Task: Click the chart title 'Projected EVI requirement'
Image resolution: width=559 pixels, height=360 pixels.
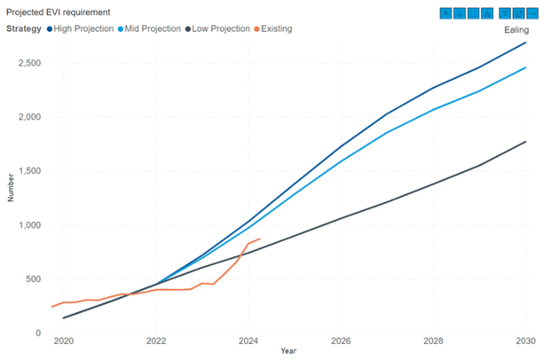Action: click(x=59, y=12)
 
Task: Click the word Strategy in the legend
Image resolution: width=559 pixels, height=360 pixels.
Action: click(x=24, y=28)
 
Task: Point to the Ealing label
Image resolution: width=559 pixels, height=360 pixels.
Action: click(x=516, y=30)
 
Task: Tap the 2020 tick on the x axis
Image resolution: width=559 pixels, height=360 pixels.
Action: click(x=64, y=341)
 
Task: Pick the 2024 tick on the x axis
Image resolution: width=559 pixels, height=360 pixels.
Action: click(x=248, y=341)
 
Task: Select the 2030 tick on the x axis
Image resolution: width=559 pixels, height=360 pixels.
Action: click(x=524, y=341)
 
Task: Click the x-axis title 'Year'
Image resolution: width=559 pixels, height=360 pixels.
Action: click(x=288, y=351)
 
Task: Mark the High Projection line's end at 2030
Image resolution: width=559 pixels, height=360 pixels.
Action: click(x=524, y=43)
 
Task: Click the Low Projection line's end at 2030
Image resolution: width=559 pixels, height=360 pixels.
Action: click(x=524, y=142)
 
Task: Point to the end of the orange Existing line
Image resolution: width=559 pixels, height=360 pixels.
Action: click(x=259, y=239)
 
